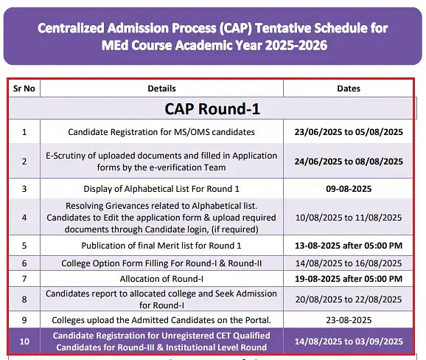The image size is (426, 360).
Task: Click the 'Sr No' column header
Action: click(24, 89)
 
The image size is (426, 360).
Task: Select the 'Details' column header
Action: click(161, 89)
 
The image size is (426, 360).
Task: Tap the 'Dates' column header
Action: click(349, 89)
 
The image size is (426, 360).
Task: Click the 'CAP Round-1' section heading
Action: click(212, 108)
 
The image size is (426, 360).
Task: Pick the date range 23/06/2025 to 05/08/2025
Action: click(349, 132)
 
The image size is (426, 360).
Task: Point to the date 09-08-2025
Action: click(349, 189)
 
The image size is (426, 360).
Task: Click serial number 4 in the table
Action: click(24, 218)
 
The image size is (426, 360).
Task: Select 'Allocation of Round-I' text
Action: click(161, 279)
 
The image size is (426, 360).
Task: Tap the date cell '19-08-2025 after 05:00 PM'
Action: click(349, 279)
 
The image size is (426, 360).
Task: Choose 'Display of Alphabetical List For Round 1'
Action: click(161, 189)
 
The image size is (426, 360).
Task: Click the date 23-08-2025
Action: click(349, 320)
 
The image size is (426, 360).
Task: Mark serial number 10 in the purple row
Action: click(24, 342)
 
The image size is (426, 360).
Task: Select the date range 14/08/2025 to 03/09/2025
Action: click(349, 342)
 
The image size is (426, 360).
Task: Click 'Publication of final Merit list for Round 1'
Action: click(161, 246)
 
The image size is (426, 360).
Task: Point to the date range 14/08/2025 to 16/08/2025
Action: click(349, 263)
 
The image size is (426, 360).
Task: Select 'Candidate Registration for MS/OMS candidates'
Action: click(161, 132)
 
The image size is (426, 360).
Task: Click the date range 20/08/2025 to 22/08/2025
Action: click(349, 300)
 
